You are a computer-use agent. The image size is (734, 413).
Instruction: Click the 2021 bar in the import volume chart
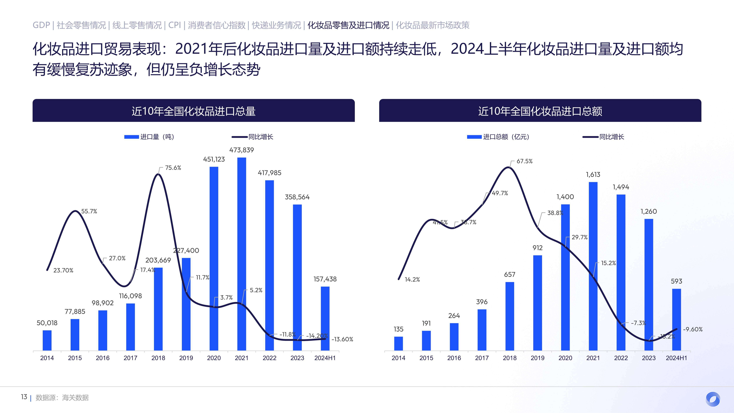[242, 254]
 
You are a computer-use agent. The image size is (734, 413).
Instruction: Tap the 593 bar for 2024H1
[676, 319]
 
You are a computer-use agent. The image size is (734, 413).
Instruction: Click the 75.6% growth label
[173, 168]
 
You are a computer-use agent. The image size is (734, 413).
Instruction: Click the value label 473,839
[242, 150]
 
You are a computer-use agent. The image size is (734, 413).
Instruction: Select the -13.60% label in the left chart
[342, 339]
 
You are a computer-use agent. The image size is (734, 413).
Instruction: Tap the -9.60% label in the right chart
[693, 329]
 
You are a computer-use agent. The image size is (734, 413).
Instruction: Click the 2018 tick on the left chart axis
[158, 358]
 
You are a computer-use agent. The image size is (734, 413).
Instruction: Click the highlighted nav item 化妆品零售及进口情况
[348, 25]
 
